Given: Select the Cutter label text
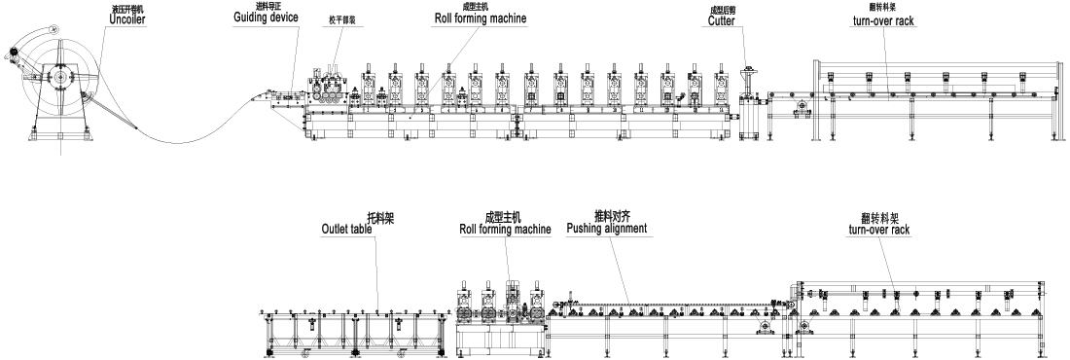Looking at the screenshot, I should (721, 19).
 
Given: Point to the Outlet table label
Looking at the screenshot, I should (347, 230).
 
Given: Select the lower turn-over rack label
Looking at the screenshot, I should (879, 232).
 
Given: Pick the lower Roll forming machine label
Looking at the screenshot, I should (505, 230).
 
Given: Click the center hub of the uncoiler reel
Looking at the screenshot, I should (59, 75).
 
